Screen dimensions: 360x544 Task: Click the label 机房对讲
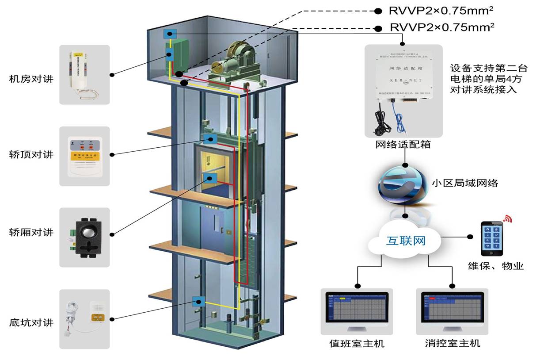point(31,79)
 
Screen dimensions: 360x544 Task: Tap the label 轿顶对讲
point(31,154)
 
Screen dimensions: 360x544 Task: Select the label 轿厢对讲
point(31,232)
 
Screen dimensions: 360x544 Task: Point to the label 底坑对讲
point(31,322)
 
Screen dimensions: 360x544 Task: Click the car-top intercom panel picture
point(84,157)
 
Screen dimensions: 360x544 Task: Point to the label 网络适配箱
point(403,145)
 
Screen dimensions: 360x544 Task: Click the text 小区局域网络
point(464,183)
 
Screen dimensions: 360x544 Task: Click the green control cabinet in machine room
point(177,57)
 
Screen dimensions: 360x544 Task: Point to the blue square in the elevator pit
point(198,302)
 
